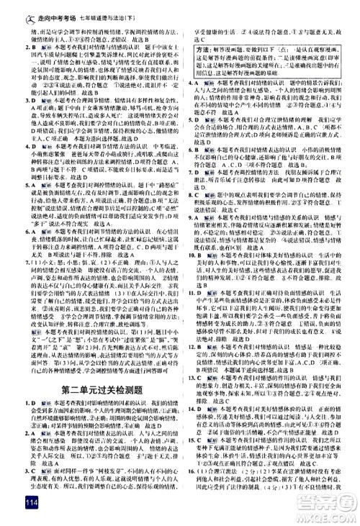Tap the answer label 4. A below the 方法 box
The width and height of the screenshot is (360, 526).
(x=191, y=83)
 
